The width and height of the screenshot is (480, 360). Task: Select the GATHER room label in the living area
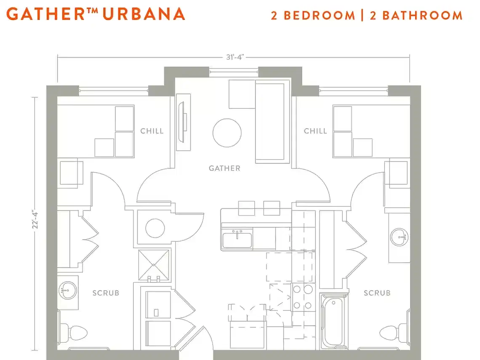pyautogui.click(x=224, y=168)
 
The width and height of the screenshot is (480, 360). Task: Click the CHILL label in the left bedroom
pyautogui.click(x=152, y=131)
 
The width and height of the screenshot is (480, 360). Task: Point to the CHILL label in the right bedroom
pyautogui.click(x=315, y=131)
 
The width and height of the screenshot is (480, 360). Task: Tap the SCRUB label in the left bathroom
pyautogui.click(x=106, y=293)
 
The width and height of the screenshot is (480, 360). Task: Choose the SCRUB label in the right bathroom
pyautogui.click(x=377, y=293)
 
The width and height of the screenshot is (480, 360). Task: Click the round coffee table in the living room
pyautogui.click(x=227, y=133)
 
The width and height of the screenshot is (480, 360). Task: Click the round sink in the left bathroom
pyautogui.click(x=66, y=290)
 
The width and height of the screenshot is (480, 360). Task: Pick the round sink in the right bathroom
pyautogui.click(x=399, y=237)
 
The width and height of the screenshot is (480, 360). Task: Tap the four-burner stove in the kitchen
pyautogui.click(x=303, y=297)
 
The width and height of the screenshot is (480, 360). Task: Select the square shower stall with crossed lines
pyautogui.click(x=154, y=265)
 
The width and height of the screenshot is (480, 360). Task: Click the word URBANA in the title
pyautogui.click(x=144, y=14)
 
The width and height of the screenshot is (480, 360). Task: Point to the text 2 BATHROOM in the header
pyautogui.click(x=416, y=16)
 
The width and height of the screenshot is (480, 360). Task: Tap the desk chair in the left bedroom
pyautogui.click(x=71, y=173)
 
